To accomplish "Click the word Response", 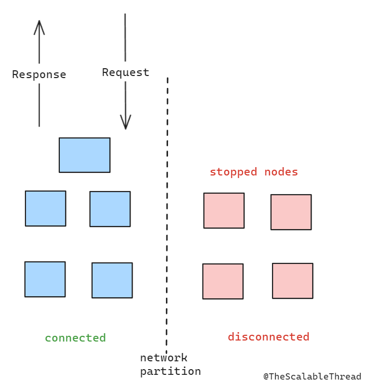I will click(x=39, y=74).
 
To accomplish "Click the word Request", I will click(x=125, y=72).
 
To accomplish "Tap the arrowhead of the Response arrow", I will click(x=39, y=26).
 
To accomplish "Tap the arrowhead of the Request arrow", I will click(x=125, y=123).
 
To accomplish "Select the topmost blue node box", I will click(x=84, y=155).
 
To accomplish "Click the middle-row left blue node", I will click(x=45, y=208).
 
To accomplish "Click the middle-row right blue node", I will click(x=110, y=209).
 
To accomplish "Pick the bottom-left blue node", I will click(x=45, y=279).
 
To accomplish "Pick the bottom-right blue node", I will click(x=112, y=280).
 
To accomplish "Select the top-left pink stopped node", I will click(x=224, y=210).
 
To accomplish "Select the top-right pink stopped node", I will click(x=291, y=212).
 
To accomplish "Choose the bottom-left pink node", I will click(x=223, y=281).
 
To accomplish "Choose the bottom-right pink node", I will click(x=292, y=281).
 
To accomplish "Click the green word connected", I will click(x=75, y=338).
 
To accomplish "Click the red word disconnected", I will click(x=268, y=337).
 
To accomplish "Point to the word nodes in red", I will click(x=281, y=172).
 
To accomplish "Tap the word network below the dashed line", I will click(x=163, y=358).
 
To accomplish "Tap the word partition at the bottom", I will click(x=170, y=371).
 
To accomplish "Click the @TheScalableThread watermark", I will click(x=312, y=376).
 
